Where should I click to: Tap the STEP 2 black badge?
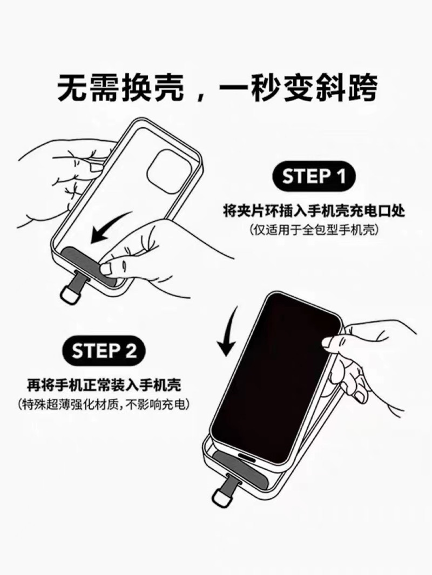[x=105, y=352]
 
